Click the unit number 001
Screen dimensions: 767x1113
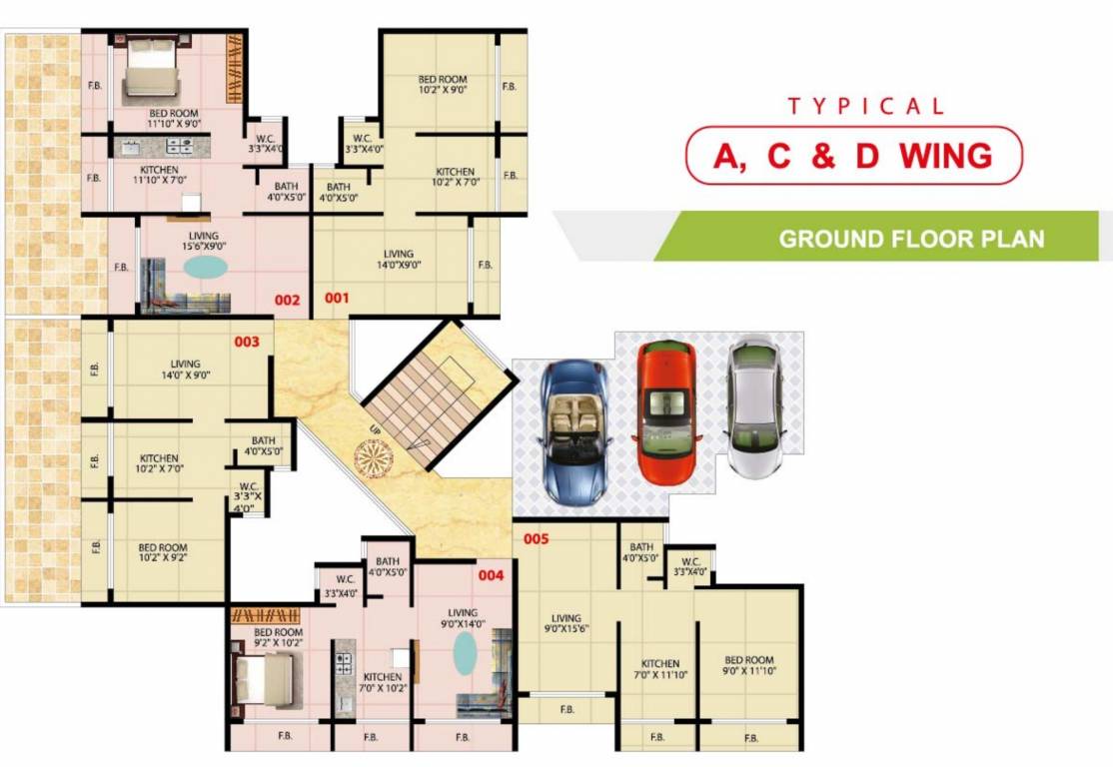[x=336, y=298]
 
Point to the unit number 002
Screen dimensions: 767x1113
[x=288, y=299]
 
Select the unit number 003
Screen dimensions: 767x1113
[x=247, y=342]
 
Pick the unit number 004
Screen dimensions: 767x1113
[x=491, y=575]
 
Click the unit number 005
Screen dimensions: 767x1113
[x=537, y=539]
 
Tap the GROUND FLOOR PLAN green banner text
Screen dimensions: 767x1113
[x=911, y=239]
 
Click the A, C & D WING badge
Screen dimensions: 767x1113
[x=853, y=156]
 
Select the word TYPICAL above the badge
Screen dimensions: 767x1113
[x=865, y=106]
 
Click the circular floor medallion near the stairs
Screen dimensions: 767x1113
[x=374, y=458]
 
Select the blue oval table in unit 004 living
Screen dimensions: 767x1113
[x=465, y=653]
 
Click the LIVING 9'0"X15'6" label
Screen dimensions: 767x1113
[x=565, y=624]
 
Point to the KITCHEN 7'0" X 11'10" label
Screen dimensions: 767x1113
[x=659, y=669]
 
